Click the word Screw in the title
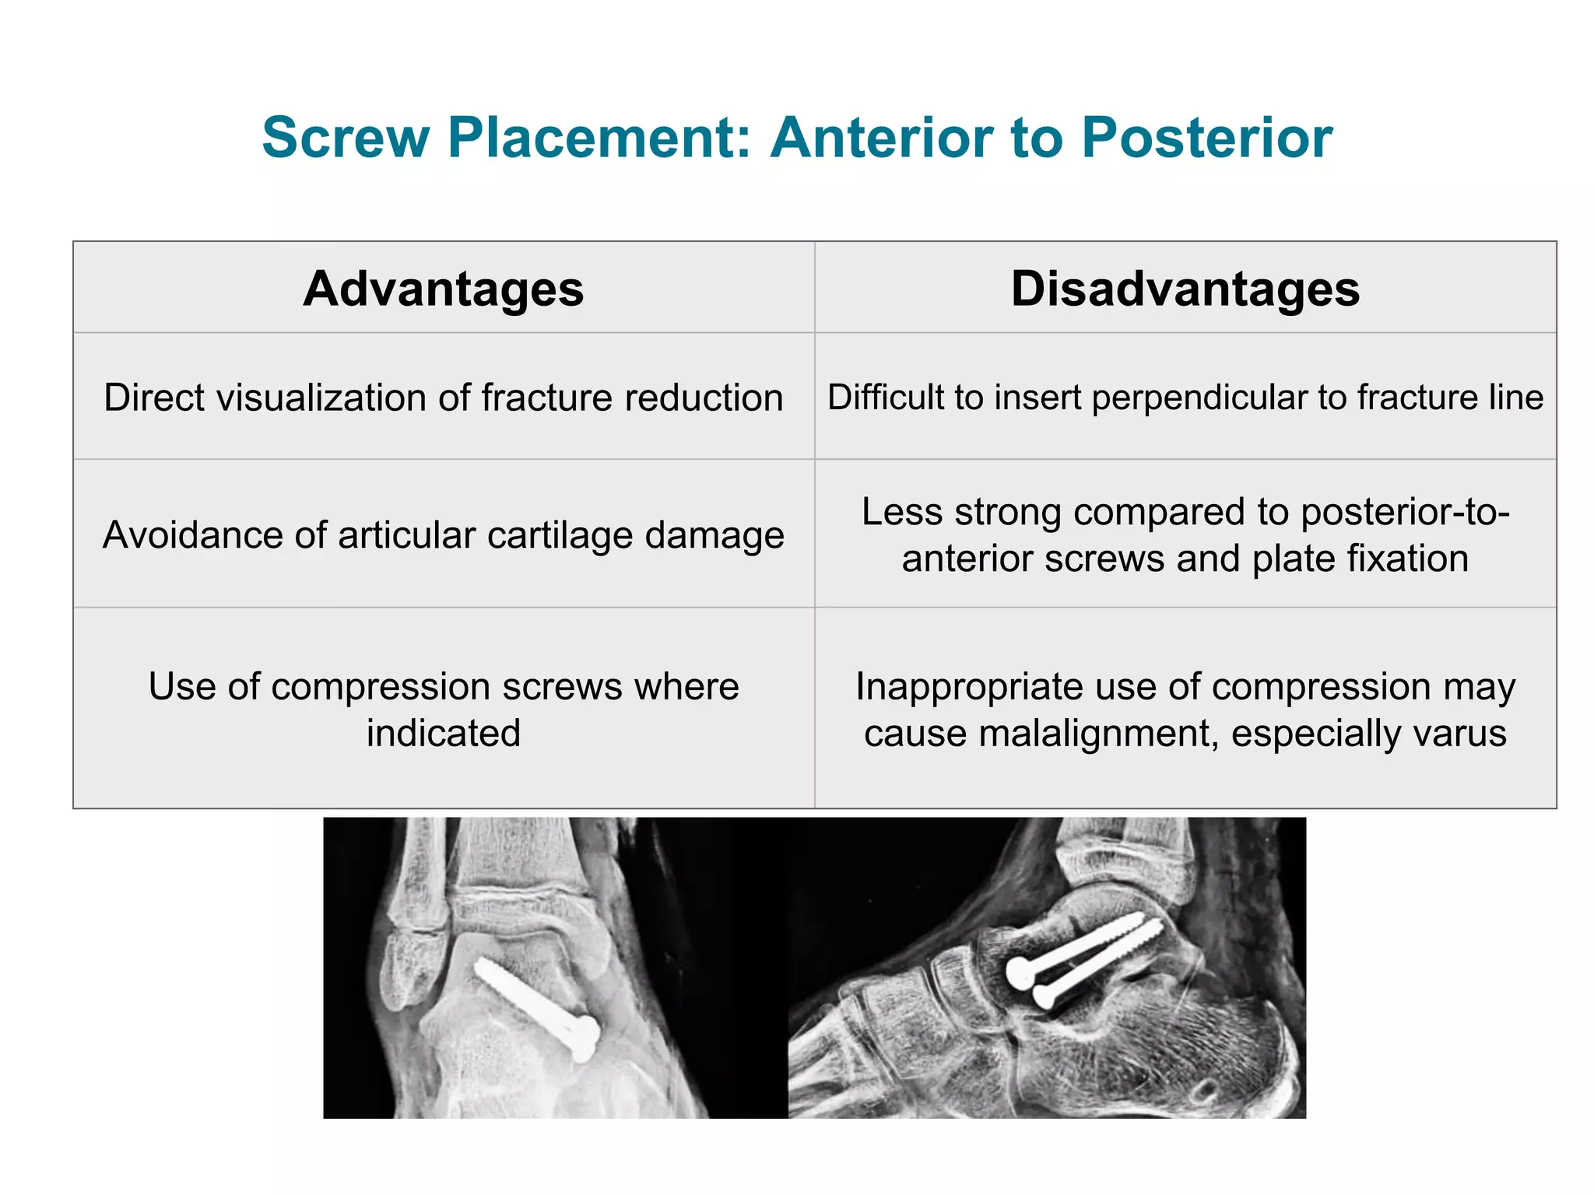point(346,138)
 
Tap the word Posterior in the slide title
point(1206,138)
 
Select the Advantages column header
point(443,289)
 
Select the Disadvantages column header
point(1185,289)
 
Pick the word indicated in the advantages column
point(443,734)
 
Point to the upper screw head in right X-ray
point(1020,972)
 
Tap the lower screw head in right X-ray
point(1043,995)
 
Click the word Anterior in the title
point(880,138)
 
